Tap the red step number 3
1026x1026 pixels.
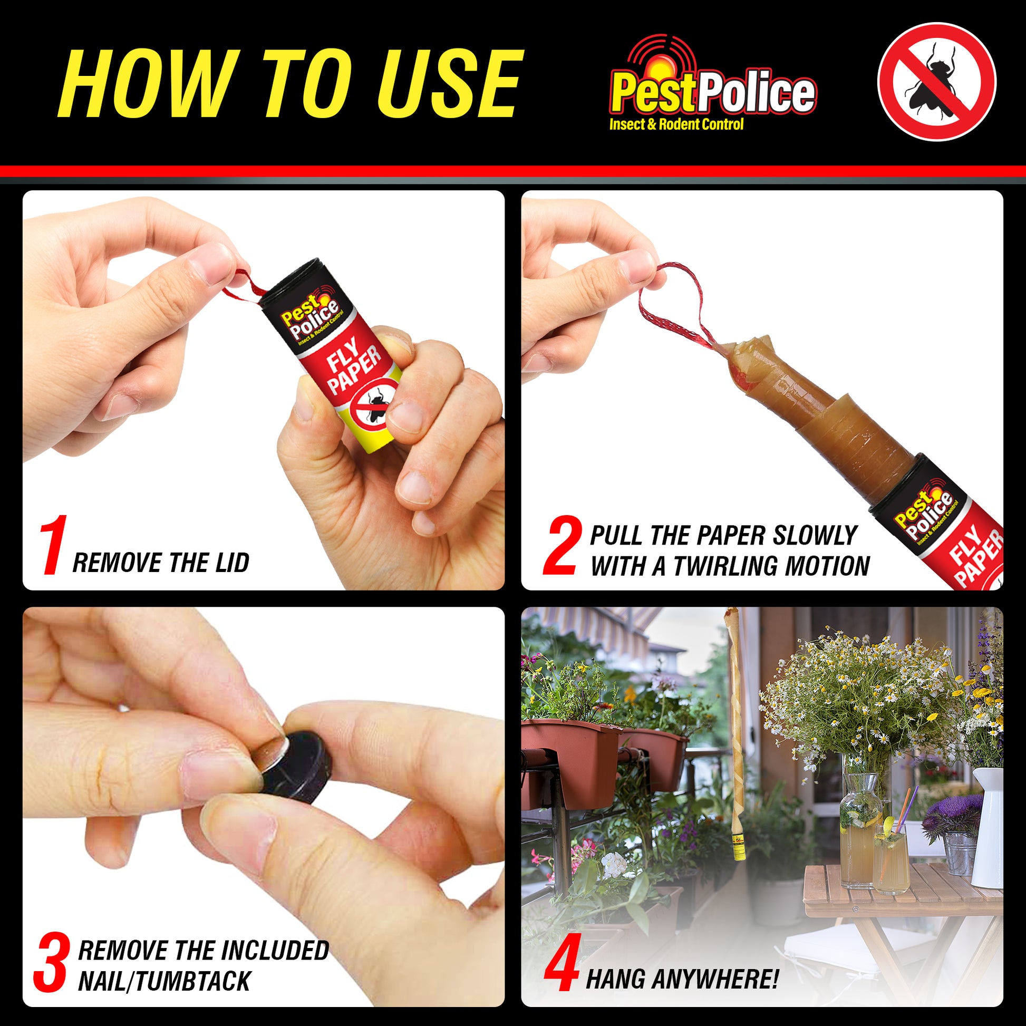coord(52,963)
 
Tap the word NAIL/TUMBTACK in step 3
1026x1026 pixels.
coord(164,981)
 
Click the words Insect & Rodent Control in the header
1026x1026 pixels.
coord(676,124)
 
